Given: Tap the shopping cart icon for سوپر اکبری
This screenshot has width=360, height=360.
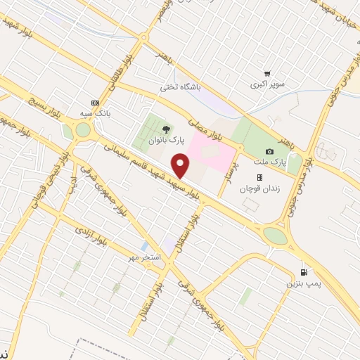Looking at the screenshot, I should click(266, 73).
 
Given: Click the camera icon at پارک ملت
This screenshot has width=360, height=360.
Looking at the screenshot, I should click(269, 152).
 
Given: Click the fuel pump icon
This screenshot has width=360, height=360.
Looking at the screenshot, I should click(304, 272).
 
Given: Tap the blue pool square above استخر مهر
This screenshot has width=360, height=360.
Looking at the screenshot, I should click(144, 247).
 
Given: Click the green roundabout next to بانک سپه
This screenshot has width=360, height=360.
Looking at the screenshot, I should click(84, 130).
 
